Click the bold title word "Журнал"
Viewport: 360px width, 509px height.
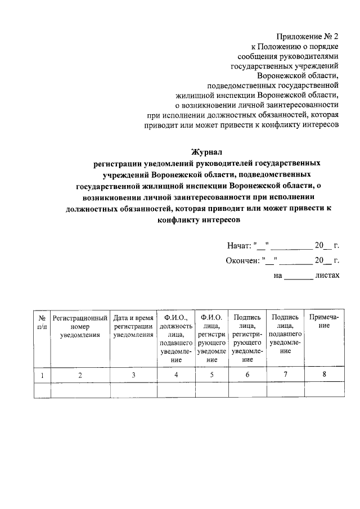click(208, 151)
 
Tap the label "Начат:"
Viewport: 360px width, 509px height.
click(240, 246)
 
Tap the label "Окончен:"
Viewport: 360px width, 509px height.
click(243, 260)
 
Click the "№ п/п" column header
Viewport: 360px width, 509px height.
click(42, 322)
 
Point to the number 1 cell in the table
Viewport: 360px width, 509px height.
click(42, 375)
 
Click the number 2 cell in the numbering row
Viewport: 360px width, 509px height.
click(80, 375)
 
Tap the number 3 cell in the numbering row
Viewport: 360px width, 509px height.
click(133, 375)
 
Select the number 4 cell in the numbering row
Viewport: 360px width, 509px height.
click(176, 375)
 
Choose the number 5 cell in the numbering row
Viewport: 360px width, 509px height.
click(211, 375)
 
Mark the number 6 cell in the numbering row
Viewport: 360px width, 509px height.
click(247, 375)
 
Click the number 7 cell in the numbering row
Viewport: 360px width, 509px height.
click(285, 375)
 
